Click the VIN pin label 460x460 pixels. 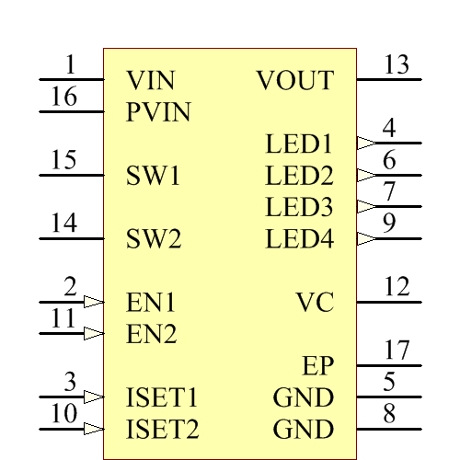(150, 80)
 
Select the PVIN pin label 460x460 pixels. (158, 112)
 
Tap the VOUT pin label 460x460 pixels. (294, 80)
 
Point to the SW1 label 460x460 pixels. (154, 176)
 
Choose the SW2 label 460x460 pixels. (154, 240)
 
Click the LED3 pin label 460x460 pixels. (299, 207)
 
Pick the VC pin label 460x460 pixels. (315, 303)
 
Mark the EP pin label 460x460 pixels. (317, 366)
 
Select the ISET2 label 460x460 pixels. (162, 430)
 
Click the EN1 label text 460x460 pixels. (151, 303)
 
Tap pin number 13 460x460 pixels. (397, 65)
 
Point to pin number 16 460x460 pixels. (63, 98)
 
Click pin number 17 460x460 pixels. (397, 351)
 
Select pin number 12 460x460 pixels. (397, 287)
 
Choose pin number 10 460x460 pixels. (63, 414)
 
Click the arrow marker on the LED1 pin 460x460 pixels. (366, 143)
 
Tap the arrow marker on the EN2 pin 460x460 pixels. (93, 333)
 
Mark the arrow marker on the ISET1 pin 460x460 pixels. (93, 397)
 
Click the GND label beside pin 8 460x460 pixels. (303, 430)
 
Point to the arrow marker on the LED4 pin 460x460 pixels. (366, 238)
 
